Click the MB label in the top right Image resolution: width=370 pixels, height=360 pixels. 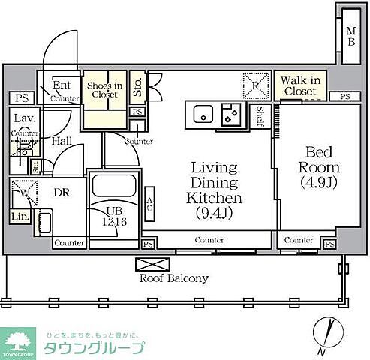[x=350, y=36]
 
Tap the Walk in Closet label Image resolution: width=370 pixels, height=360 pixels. [x=299, y=85]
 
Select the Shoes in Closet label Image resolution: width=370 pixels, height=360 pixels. [x=104, y=90]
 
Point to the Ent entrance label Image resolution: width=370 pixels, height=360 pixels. [x=62, y=85]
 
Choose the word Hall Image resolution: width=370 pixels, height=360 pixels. [x=62, y=139]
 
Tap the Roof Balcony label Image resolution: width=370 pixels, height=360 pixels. [x=175, y=277]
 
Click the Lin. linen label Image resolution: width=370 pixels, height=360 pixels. [x=19, y=217]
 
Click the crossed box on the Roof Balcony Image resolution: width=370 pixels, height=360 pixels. [x=146, y=263]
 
